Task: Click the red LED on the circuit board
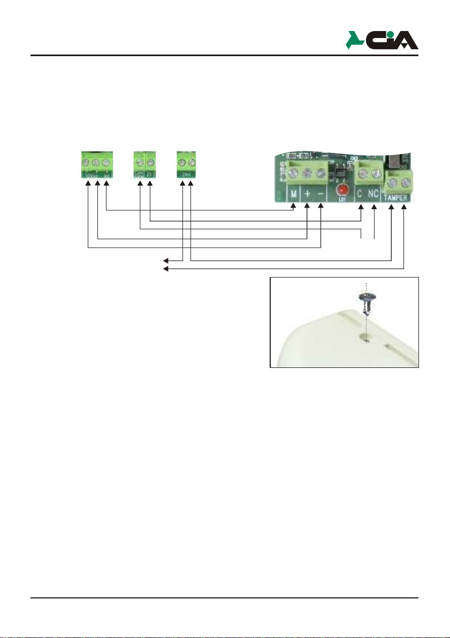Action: (339, 191)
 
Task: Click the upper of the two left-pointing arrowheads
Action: (166, 260)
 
